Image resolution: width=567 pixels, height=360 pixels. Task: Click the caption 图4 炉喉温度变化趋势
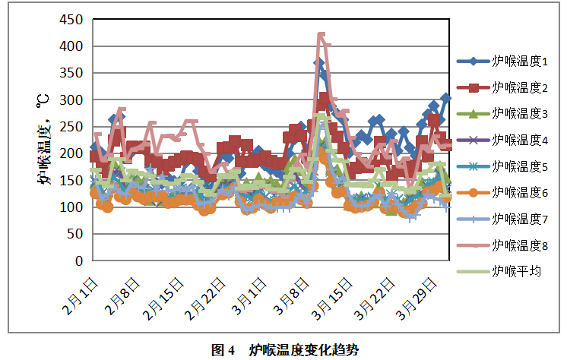click(283, 349)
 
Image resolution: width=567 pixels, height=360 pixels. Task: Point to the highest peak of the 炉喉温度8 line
click(321, 35)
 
